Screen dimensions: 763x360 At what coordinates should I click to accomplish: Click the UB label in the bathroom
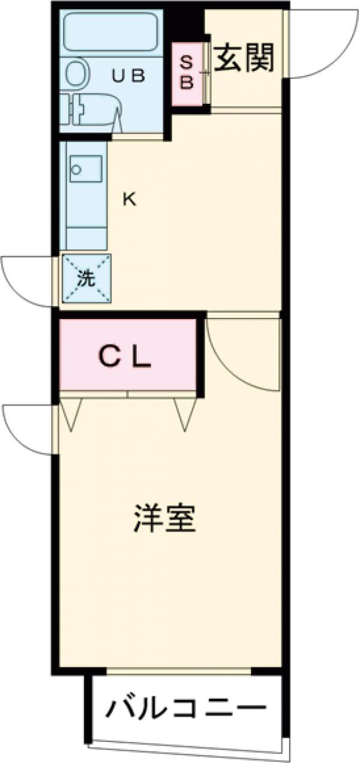[129, 76]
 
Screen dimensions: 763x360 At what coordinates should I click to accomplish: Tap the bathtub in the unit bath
[111, 34]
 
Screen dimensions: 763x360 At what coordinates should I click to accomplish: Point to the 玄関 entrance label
[244, 58]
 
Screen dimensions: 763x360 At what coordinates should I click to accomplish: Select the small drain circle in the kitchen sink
[76, 169]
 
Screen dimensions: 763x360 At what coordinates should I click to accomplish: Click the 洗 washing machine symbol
[87, 278]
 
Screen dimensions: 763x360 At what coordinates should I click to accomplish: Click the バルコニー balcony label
[186, 709]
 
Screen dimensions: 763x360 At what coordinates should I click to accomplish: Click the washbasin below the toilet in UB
[93, 111]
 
